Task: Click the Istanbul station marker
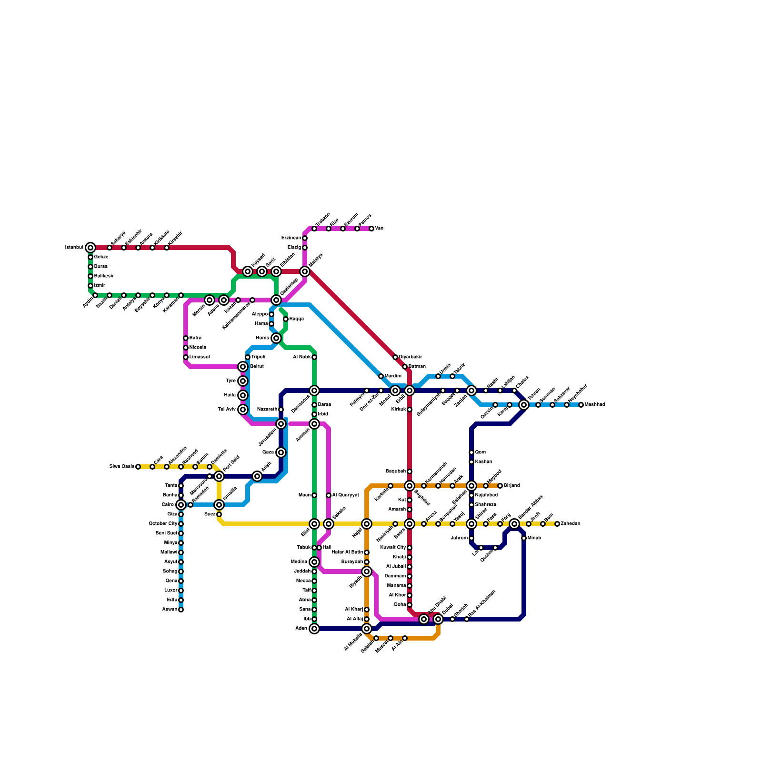click(x=90, y=248)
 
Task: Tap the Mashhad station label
click(x=595, y=405)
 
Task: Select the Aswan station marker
click(x=181, y=610)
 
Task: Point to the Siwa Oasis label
click(x=121, y=467)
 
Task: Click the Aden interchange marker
click(x=314, y=629)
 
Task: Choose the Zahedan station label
click(x=571, y=524)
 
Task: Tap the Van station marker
click(x=371, y=229)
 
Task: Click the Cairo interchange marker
click(x=181, y=505)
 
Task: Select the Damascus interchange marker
click(x=314, y=391)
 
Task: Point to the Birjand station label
click(x=512, y=486)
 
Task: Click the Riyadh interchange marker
click(x=367, y=571)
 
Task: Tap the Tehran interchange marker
click(x=524, y=405)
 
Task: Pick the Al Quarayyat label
click(x=345, y=495)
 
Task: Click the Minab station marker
click(x=524, y=538)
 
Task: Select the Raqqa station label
click(x=297, y=319)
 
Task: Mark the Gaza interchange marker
click(x=281, y=452)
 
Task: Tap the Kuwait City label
click(x=393, y=548)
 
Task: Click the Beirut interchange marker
click(x=243, y=367)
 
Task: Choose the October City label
click(x=163, y=524)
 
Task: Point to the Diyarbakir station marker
click(x=395, y=357)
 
